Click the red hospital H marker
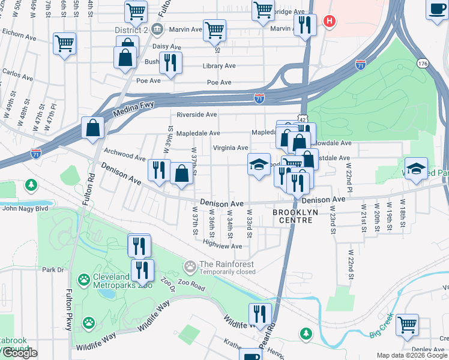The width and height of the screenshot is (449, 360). click(x=329, y=22)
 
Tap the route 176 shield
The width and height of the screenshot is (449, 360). click(x=422, y=62)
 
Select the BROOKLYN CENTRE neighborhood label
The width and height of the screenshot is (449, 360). click(x=293, y=216)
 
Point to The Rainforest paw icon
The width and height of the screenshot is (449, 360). click(x=191, y=265)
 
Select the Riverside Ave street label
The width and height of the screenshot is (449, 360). click(x=196, y=115)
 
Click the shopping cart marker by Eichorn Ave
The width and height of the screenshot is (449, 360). click(x=65, y=43)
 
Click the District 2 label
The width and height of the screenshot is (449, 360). click(x=131, y=28)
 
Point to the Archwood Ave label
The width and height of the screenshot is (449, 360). click(x=125, y=155)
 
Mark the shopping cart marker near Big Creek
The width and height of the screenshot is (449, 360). click(x=408, y=325)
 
